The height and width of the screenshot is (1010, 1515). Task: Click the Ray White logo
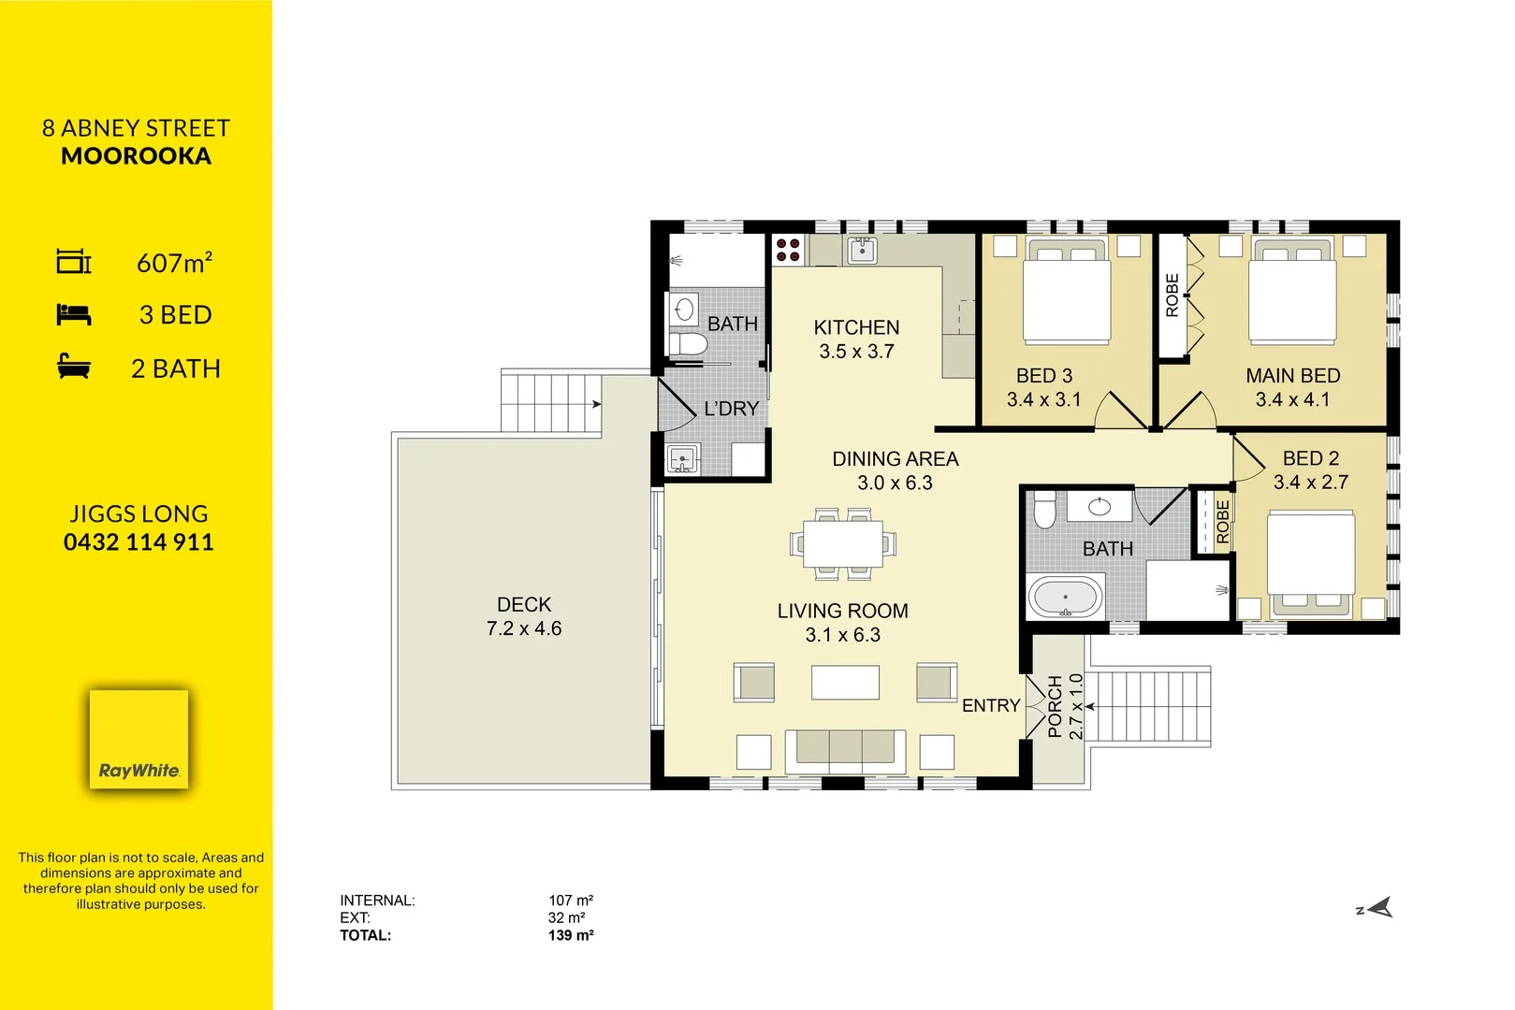tap(138, 739)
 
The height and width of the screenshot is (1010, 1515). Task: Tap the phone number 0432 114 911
tap(138, 542)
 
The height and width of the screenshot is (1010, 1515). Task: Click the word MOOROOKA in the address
tap(137, 156)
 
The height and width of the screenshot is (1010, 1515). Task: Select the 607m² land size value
tap(174, 264)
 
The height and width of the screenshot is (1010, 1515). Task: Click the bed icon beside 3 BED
tap(73, 315)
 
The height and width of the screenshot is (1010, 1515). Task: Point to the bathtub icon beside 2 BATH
tap(73, 367)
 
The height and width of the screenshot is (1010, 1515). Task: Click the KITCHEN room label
tap(856, 327)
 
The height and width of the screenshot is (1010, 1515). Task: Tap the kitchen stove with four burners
tap(788, 250)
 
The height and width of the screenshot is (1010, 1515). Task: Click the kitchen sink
tap(862, 250)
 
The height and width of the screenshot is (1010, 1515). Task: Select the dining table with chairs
tap(842, 543)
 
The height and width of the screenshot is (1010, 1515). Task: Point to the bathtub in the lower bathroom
tap(1065, 598)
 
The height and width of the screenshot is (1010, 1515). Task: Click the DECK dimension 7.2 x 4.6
tap(524, 628)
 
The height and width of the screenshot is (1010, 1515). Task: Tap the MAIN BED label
tap(1292, 376)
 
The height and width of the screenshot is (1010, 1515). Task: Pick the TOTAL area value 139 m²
tap(571, 935)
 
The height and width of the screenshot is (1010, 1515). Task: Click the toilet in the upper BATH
tap(689, 344)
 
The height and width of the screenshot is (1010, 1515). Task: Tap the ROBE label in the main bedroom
tap(1172, 296)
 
